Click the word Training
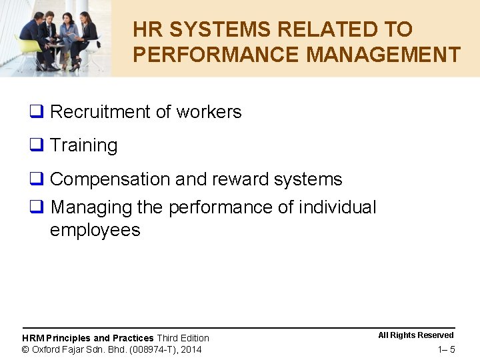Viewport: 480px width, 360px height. [x=83, y=145]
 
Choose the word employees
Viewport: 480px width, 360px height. [x=95, y=230]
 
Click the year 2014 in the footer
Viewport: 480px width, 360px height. [x=191, y=349]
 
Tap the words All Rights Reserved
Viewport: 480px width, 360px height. [x=415, y=335]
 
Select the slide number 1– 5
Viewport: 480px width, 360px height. [x=446, y=350]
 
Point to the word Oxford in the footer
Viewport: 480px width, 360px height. [x=46, y=349]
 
